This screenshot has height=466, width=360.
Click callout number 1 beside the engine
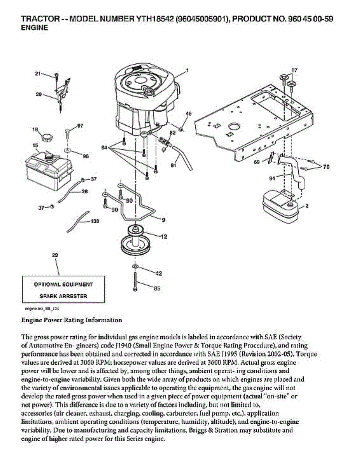pos(187,71)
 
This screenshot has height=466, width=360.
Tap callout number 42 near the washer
pos(158,273)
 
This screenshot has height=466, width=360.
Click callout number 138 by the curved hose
pos(94,221)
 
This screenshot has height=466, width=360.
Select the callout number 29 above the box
pos(55,255)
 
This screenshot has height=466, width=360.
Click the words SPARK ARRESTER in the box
pos(63,296)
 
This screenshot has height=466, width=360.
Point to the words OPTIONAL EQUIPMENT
pos(63,284)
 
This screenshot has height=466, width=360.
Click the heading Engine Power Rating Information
pos(71,320)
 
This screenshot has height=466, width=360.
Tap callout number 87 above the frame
pos(294,70)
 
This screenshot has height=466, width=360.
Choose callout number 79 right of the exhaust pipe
pos(326,167)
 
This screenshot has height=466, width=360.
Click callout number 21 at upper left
pos(38,73)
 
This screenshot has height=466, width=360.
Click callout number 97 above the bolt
pos(80,126)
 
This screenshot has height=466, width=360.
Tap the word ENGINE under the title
pos(34,28)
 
